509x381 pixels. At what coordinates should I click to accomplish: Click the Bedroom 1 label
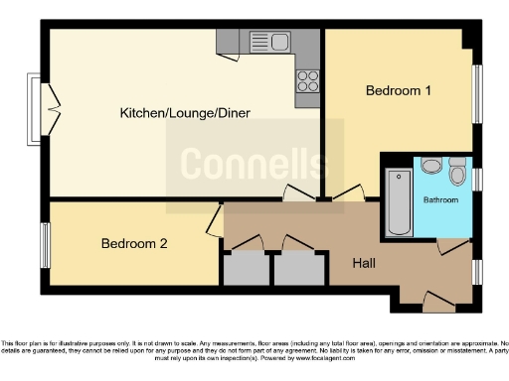[399, 91]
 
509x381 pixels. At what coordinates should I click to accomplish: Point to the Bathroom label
[441, 200]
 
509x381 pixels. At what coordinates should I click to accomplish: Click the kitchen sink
[270, 43]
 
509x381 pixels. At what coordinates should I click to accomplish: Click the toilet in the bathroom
[457, 175]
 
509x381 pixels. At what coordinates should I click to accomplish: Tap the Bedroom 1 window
[476, 93]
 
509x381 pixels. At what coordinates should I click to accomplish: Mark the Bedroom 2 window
[45, 244]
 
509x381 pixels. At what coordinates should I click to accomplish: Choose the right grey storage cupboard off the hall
[298, 268]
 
